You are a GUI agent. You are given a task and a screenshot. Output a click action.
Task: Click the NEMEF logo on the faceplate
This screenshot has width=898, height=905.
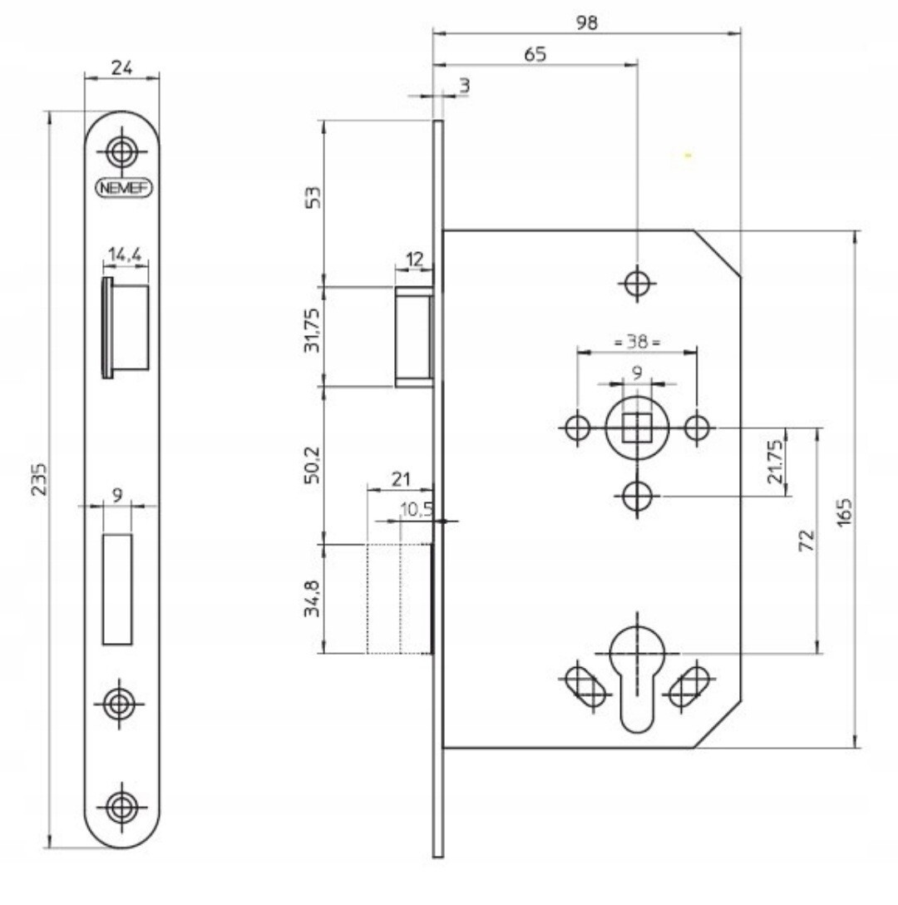pyautogui.click(x=122, y=187)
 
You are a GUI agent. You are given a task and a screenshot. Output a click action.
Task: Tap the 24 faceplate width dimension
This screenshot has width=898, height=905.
pyautogui.click(x=122, y=68)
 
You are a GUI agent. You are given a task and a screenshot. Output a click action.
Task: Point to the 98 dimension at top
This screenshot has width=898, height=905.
pyautogui.click(x=588, y=23)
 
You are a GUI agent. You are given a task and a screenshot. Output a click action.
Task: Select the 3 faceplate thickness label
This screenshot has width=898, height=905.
pyautogui.click(x=463, y=85)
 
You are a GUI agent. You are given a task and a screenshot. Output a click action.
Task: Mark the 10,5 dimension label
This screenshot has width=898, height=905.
pyautogui.click(x=416, y=509)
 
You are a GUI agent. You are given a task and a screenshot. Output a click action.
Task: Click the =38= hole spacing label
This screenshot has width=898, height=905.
pyautogui.click(x=637, y=342)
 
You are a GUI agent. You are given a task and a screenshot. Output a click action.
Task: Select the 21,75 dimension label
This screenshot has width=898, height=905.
pyautogui.click(x=774, y=462)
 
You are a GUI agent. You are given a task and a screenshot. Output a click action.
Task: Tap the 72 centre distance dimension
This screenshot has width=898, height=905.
pyautogui.click(x=806, y=542)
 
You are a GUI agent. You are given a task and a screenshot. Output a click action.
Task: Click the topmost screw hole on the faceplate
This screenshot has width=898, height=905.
pyautogui.click(x=122, y=151)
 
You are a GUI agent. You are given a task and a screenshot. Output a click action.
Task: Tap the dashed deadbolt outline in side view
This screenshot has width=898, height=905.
pyautogui.click(x=398, y=598)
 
